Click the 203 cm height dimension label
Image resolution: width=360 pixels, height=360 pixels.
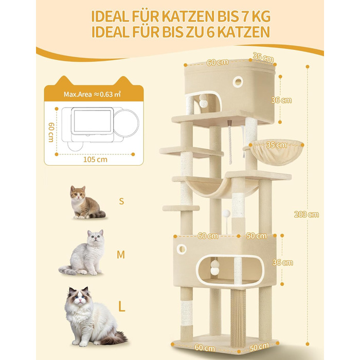(x=307, y=214)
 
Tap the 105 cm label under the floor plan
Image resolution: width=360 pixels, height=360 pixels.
(x=95, y=159)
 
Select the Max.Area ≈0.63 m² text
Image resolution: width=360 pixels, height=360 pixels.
(x=92, y=94)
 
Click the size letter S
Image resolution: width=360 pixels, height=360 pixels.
(x=121, y=201)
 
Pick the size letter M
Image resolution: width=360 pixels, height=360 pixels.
(x=121, y=255)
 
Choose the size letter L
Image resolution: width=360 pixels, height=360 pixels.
(x=121, y=306)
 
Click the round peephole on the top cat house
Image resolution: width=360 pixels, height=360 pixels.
(x=238, y=81)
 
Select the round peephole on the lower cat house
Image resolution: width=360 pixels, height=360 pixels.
(x=182, y=249)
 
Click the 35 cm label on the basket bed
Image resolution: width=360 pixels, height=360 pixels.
(x=277, y=145)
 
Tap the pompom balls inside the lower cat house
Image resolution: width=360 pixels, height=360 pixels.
(x=214, y=267)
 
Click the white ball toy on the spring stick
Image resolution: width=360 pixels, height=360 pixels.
(x=227, y=213)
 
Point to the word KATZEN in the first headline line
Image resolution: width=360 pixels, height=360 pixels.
(x=188, y=16)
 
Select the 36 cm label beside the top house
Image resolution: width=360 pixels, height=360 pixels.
(x=281, y=100)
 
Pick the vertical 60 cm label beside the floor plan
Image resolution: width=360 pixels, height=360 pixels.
(x=51, y=132)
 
